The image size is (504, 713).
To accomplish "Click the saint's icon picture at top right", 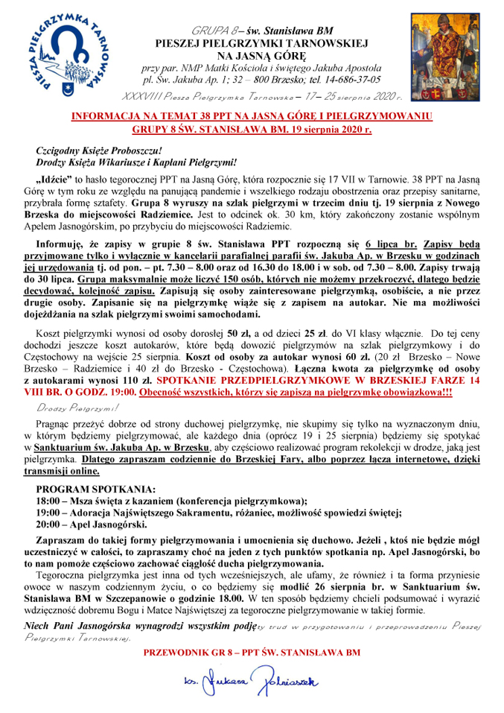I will tap(438, 57).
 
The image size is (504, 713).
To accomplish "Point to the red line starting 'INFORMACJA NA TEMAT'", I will tap(251, 117).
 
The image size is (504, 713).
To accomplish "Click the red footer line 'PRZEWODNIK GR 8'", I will tap(252, 653).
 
